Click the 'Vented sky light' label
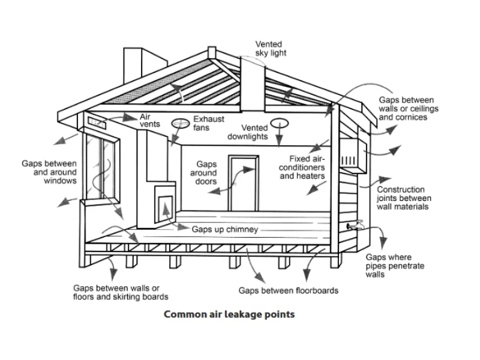point(271,49)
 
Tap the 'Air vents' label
point(150,120)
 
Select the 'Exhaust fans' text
point(209,123)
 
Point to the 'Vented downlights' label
point(247,132)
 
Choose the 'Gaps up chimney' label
point(225,230)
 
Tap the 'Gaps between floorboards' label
point(289,290)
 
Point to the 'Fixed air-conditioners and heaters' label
point(302,167)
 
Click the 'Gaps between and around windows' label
point(50,172)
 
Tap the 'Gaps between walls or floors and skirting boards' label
point(121,292)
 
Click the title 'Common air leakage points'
point(229,314)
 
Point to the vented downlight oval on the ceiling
point(278,123)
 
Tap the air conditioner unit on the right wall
point(350,154)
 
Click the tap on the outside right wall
point(356,225)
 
